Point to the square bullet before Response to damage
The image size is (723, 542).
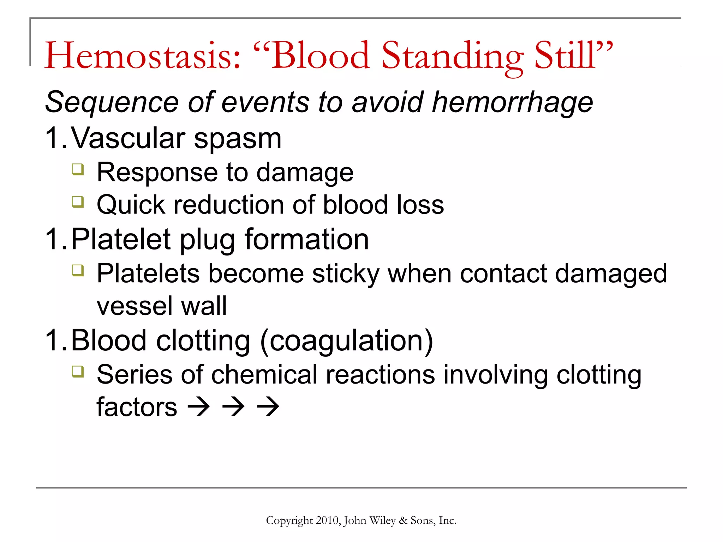coord(78,169)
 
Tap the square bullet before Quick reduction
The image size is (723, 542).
coord(78,202)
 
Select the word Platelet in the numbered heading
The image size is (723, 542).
coord(121,240)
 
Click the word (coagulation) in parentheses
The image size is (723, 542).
coord(346,341)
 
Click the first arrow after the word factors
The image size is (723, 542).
coord(199,406)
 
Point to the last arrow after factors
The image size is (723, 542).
coord(268,406)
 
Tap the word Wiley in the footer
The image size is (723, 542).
coord(382,520)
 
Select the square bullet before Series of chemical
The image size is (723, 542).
coord(78,372)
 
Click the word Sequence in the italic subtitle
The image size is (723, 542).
coord(112,102)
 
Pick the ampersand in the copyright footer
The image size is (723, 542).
coord(403,520)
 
